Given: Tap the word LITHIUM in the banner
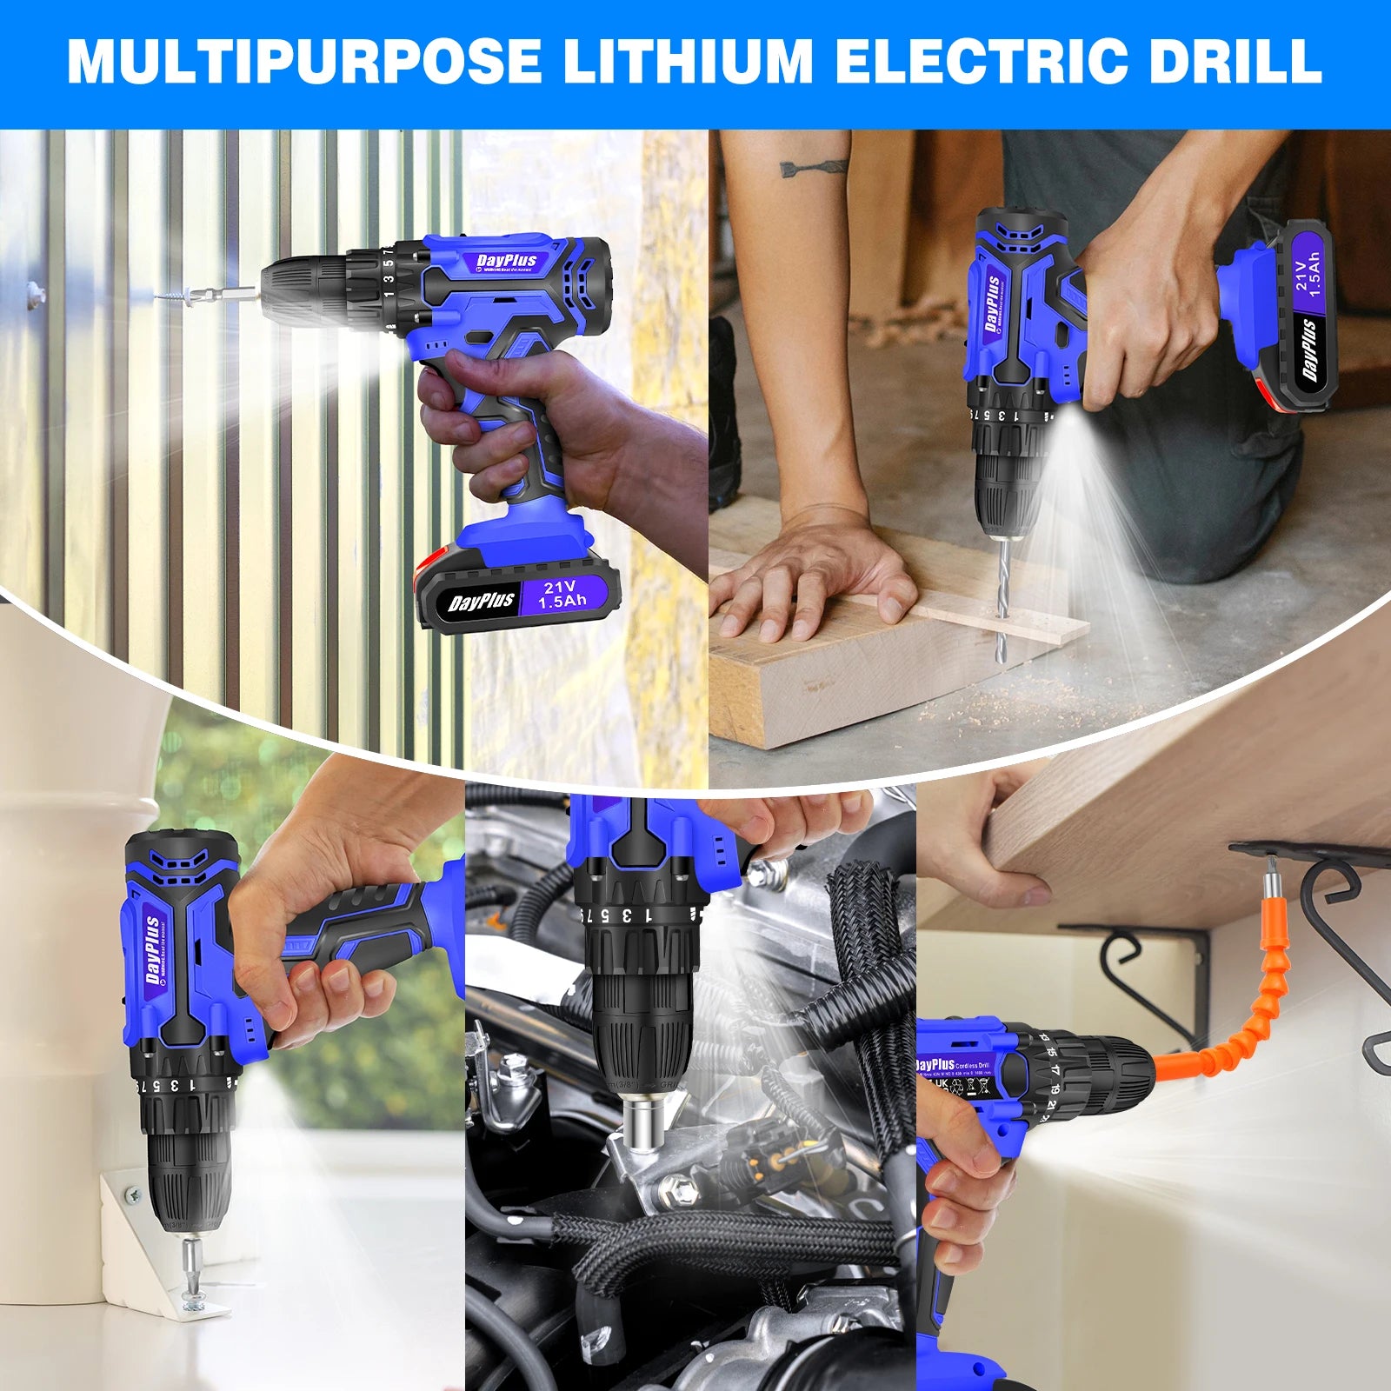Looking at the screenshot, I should pyautogui.click(x=688, y=61).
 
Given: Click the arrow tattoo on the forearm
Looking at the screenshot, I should pyautogui.click(x=813, y=166).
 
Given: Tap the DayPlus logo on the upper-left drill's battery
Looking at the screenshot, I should pyautogui.click(x=481, y=602).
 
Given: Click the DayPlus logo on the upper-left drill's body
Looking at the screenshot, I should pyautogui.click(x=507, y=261).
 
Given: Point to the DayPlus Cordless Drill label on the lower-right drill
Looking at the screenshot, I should pyautogui.click(x=952, y=1064).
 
